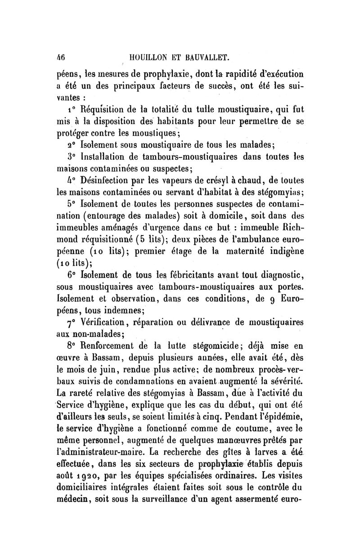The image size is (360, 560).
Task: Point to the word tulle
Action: click(x=214, y=109)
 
